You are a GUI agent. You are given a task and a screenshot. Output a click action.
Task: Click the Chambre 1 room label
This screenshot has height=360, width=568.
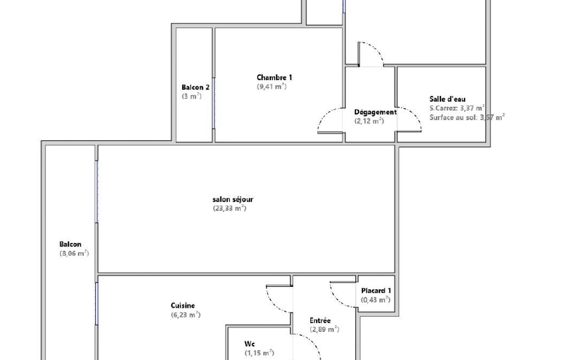tap(274, 78)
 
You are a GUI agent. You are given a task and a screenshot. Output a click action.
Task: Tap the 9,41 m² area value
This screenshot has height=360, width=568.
tap(272, 86)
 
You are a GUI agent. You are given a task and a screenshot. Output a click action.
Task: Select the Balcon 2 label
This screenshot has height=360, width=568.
tap(195, 88)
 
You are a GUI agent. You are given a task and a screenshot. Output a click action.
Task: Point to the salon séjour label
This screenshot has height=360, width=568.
tap(233, 199)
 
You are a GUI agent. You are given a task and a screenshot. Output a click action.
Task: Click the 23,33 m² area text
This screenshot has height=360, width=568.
tap(229, 208)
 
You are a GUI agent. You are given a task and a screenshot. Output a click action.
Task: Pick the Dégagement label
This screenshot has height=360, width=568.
tap(375, 112)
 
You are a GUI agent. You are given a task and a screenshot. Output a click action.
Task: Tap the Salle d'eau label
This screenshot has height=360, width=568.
tap(447, 99)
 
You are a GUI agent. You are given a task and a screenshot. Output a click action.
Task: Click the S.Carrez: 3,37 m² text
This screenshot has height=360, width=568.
tap(457, 108)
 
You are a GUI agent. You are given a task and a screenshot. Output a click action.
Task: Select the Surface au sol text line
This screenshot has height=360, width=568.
tap(467, 117)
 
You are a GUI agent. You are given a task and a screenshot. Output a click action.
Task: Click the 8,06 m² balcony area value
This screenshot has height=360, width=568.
tap(74, 254)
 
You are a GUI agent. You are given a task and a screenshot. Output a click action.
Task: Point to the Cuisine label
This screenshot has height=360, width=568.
tap(183, 306)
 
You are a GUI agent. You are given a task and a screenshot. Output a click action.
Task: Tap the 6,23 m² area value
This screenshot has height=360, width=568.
tap(186, 315)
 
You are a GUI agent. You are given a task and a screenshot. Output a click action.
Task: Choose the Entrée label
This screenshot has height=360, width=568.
tap(320, 321)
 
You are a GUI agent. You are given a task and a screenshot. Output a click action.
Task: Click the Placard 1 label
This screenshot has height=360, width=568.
tap(376, 290)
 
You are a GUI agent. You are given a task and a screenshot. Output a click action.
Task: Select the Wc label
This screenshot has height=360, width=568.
tap(249, 344)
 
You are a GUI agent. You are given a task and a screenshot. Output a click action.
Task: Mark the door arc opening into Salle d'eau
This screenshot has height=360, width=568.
tap(415, 115)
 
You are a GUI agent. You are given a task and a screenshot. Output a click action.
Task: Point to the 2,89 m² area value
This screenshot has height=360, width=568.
tap(325, 330)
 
